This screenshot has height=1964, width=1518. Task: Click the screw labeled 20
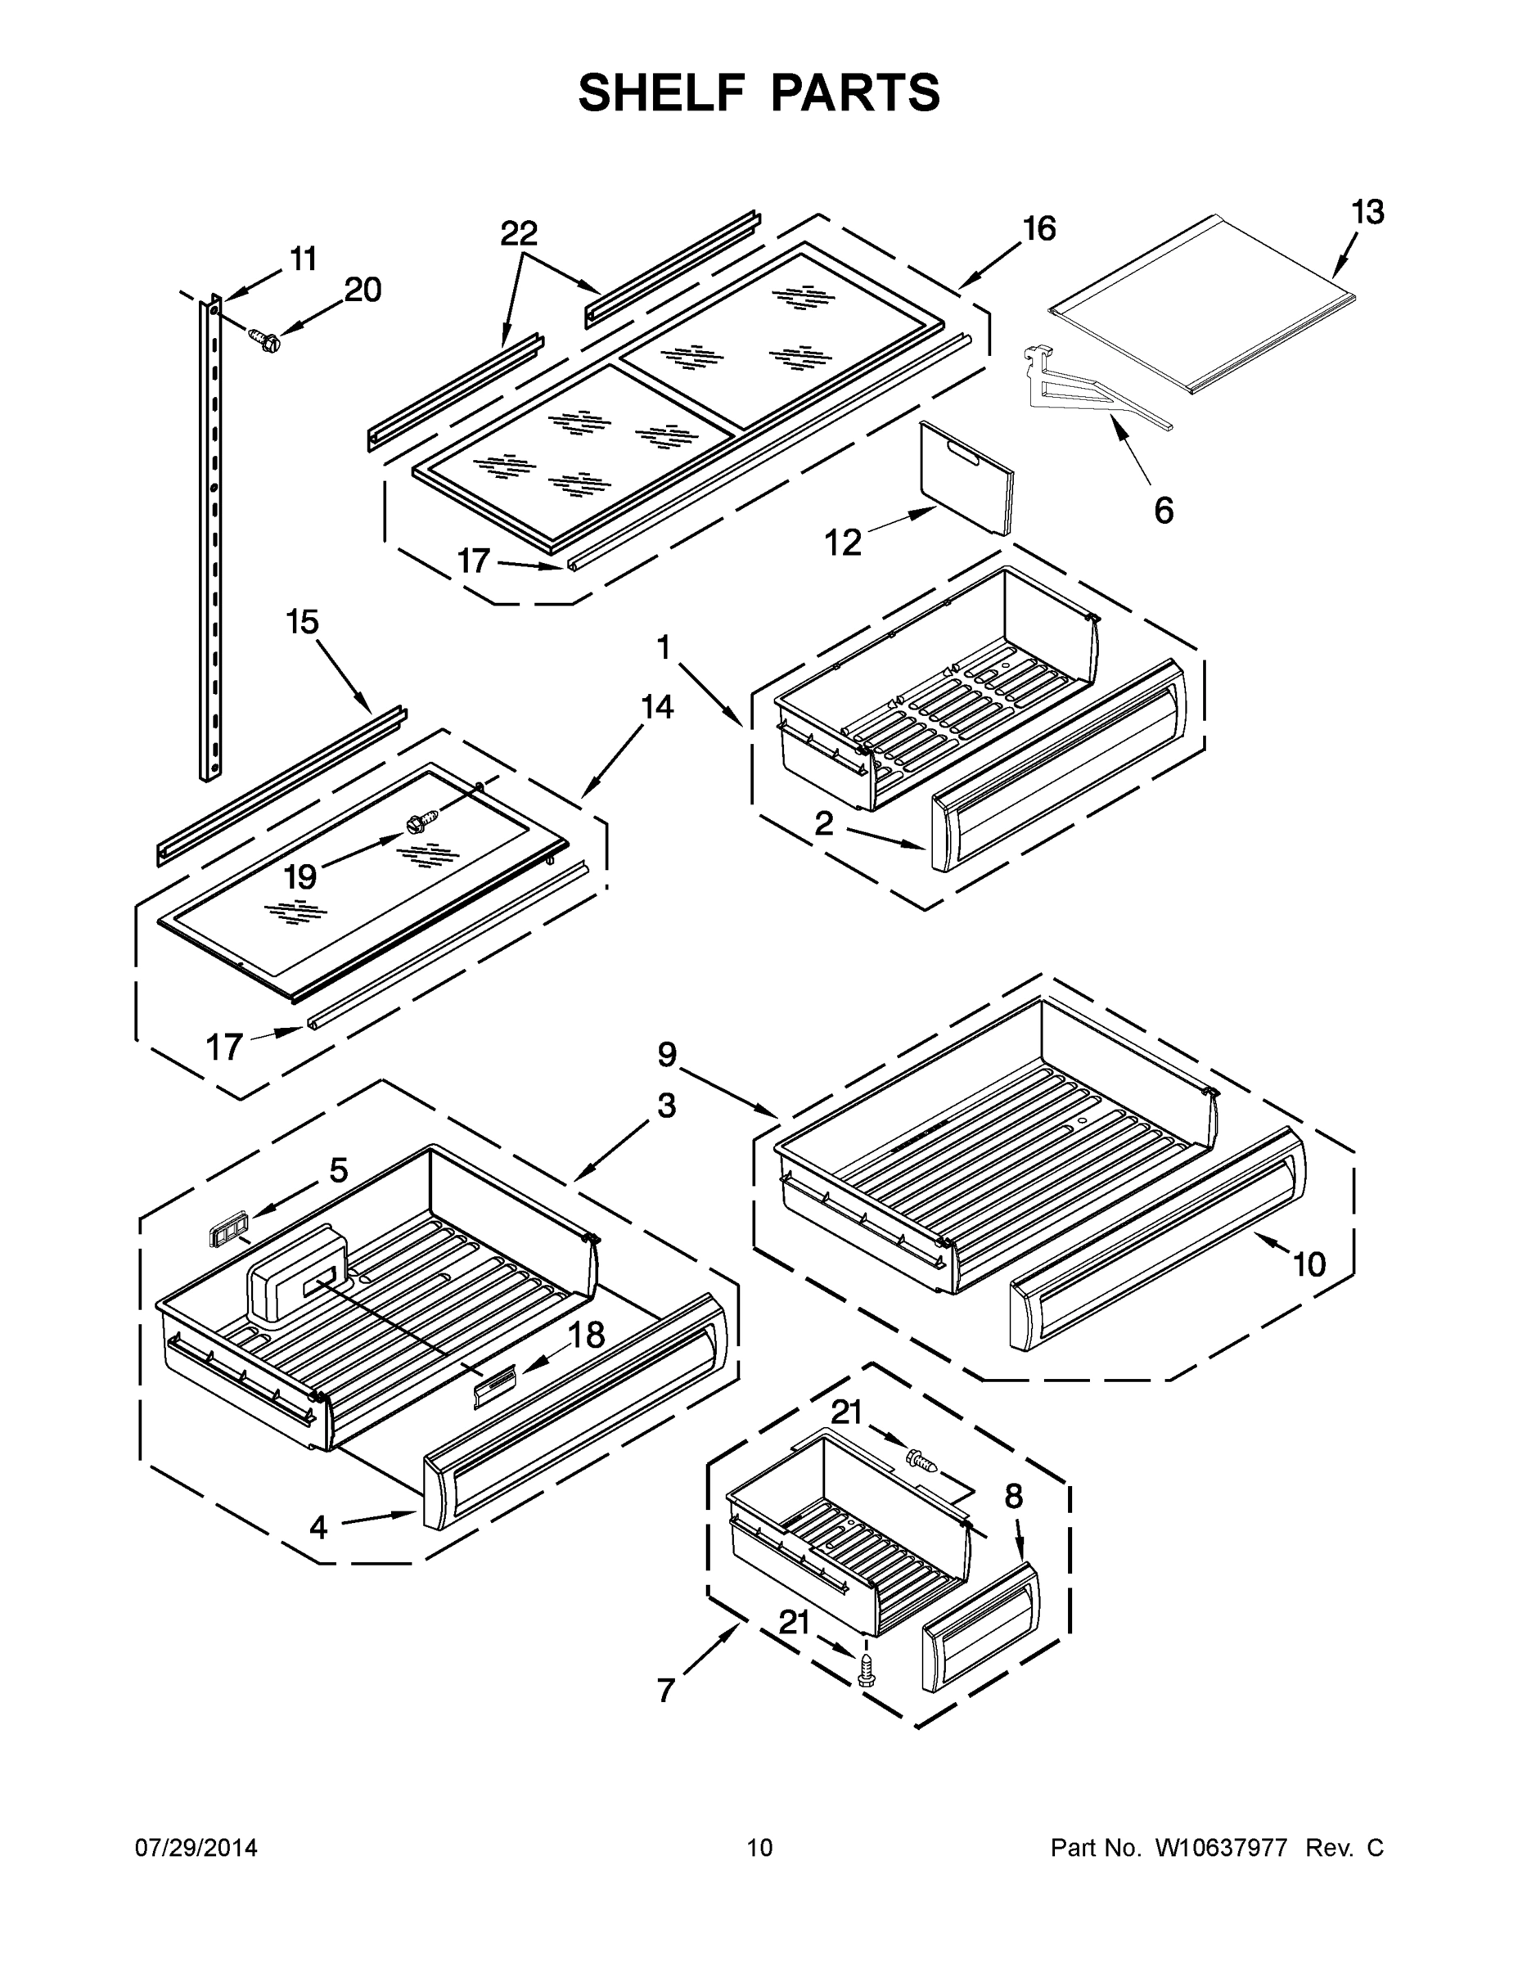point(264,339)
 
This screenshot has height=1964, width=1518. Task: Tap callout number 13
point(1367,212)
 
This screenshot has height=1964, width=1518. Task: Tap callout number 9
point(666,1054)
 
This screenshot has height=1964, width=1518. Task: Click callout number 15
point(302,621)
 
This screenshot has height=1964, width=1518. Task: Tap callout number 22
point(519,233)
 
